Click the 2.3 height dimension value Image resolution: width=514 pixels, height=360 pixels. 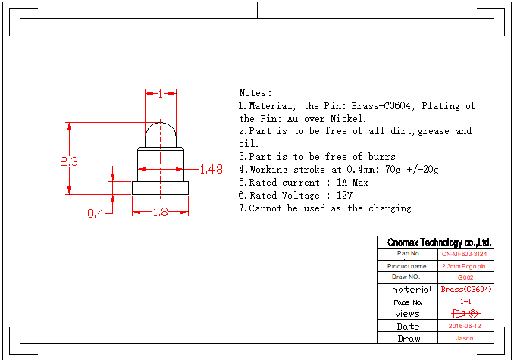(70, 161)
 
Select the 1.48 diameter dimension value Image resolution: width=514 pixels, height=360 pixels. (211, 170)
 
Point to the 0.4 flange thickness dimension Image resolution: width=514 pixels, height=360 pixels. (95, 214)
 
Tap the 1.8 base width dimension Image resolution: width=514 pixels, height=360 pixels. (160, 213)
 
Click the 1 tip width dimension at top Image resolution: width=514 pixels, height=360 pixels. (161, 94)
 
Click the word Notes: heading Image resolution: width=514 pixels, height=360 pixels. (255, 92)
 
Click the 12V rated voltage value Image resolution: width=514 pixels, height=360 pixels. (345, 196)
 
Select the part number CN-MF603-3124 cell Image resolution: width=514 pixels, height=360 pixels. (465, 254)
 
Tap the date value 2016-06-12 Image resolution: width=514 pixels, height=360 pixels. (465, 326)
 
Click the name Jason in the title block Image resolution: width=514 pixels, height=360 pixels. (465, 338)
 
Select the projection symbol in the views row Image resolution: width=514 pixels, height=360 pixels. (465, 313)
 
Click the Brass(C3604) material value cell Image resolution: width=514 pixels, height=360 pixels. (465, 290)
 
